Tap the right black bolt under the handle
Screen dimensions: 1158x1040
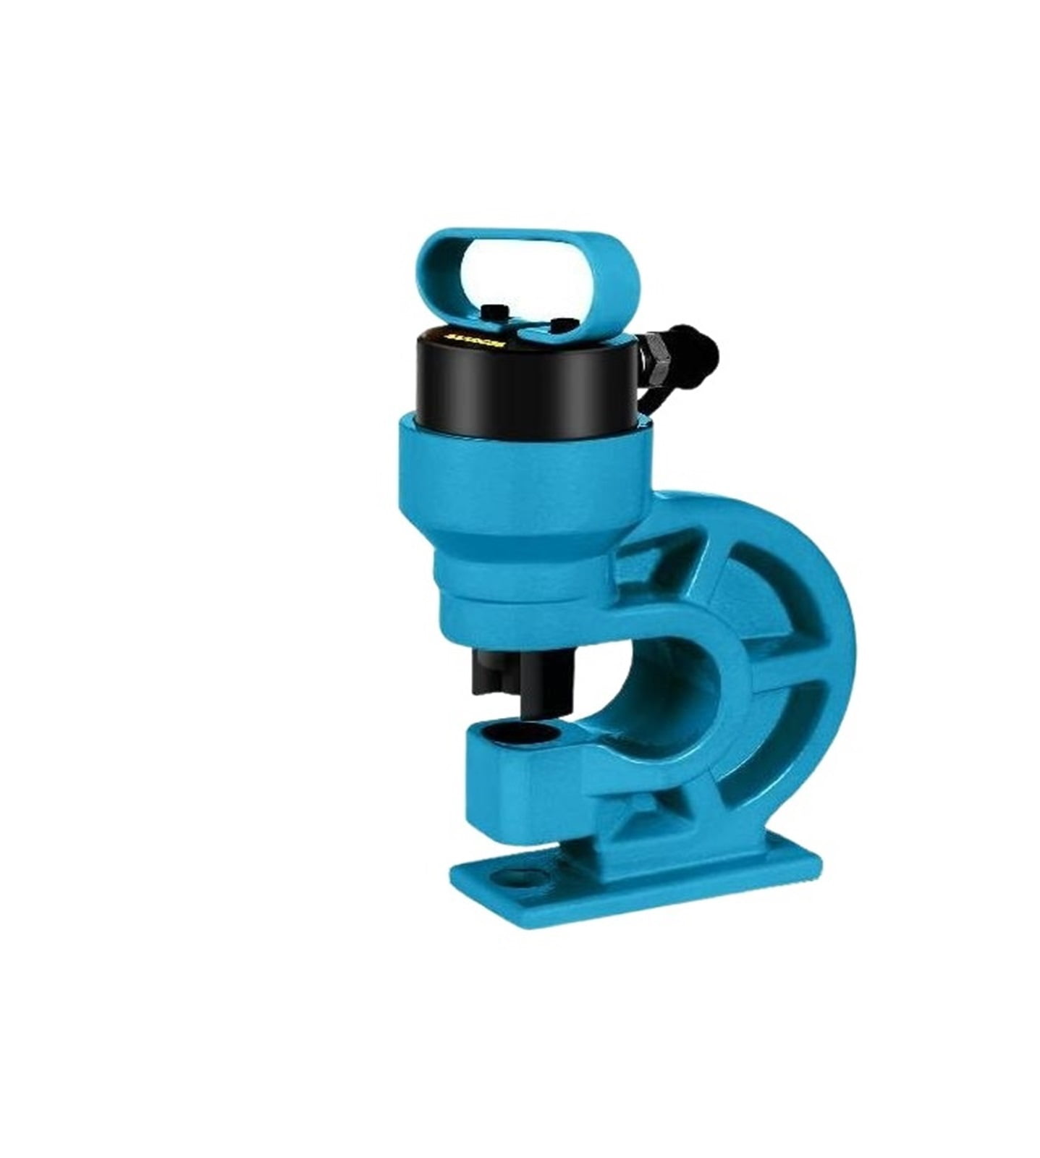point(559,324)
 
